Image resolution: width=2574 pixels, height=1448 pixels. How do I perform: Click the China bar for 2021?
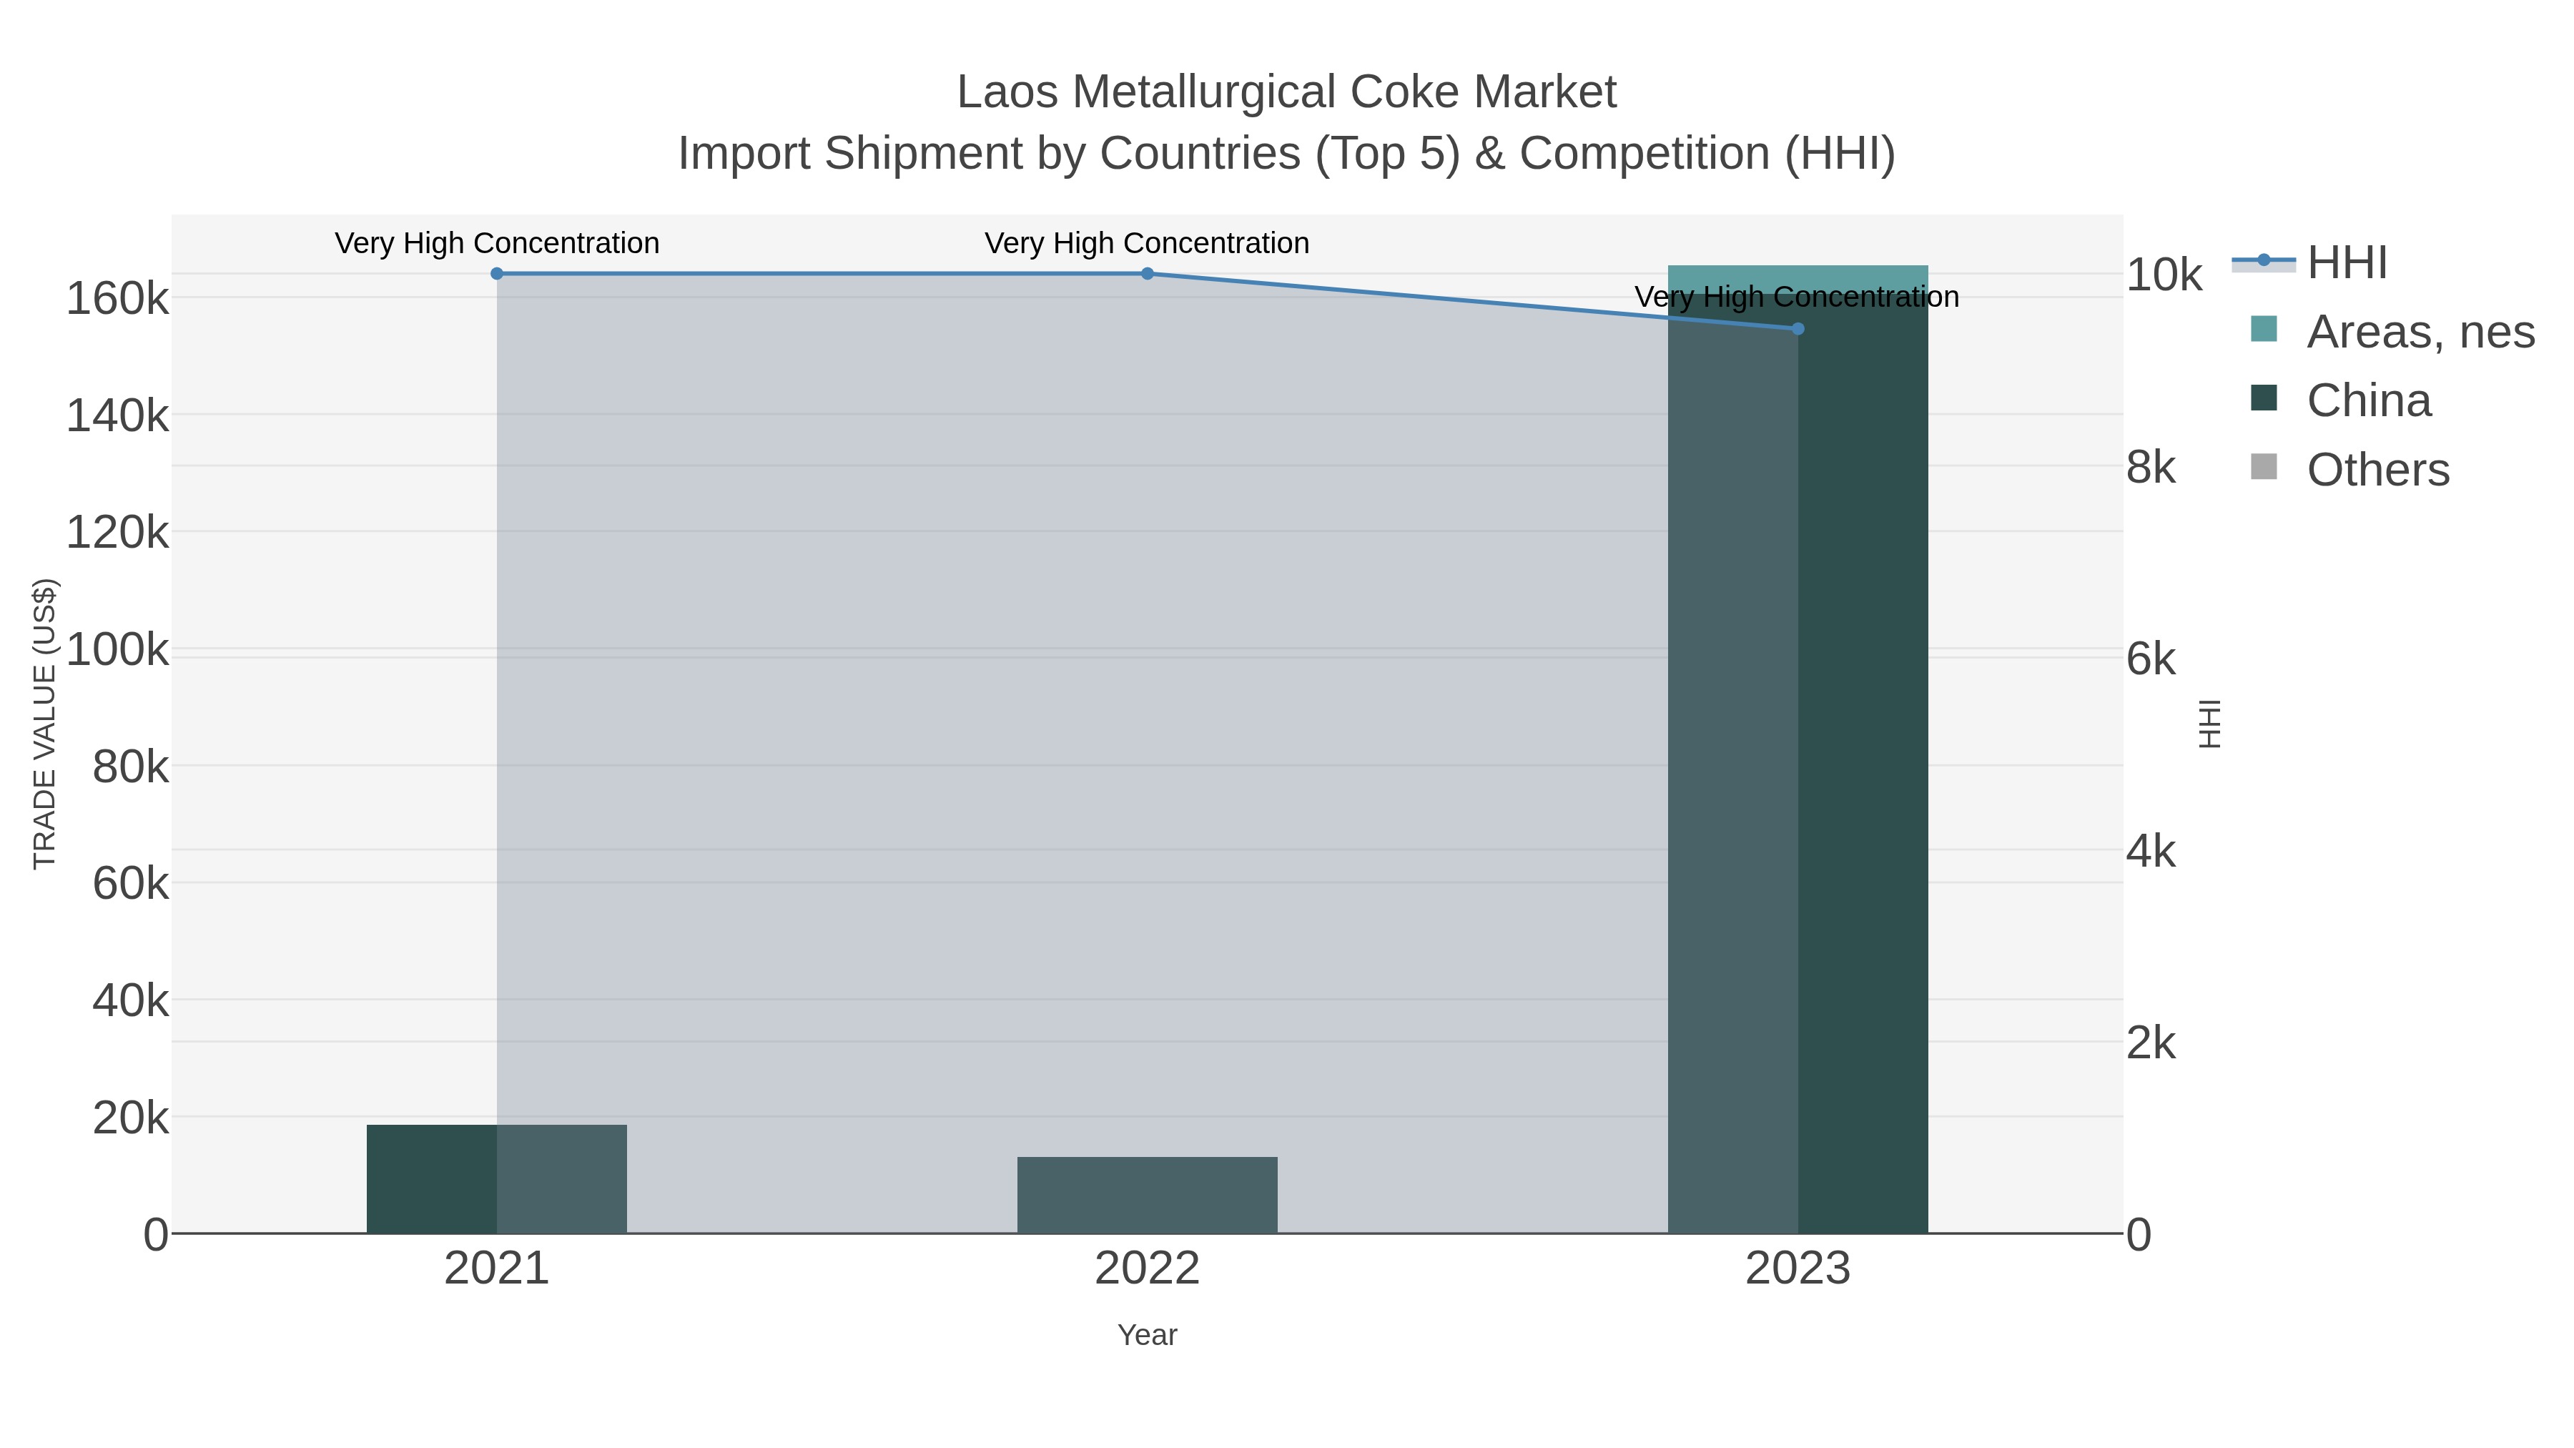pos(497,1178)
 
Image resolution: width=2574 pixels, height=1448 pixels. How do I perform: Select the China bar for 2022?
pos(1147,1194)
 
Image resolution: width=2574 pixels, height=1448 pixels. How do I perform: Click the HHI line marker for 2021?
pos(497,274)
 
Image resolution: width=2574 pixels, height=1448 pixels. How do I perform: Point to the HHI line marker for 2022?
pos(1147,274)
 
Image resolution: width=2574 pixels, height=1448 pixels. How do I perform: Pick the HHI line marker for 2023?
pos(1798,329)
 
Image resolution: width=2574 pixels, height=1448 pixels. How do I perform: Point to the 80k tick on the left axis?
pos(130,767)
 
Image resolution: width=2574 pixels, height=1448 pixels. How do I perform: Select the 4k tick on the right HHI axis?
pos(2150,852)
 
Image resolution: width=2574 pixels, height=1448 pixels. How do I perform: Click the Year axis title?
pos(1147,1335)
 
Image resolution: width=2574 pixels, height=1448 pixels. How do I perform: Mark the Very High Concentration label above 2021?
pos(497,243)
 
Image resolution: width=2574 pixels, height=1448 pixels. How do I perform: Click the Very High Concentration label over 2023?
pos(1797,297)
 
